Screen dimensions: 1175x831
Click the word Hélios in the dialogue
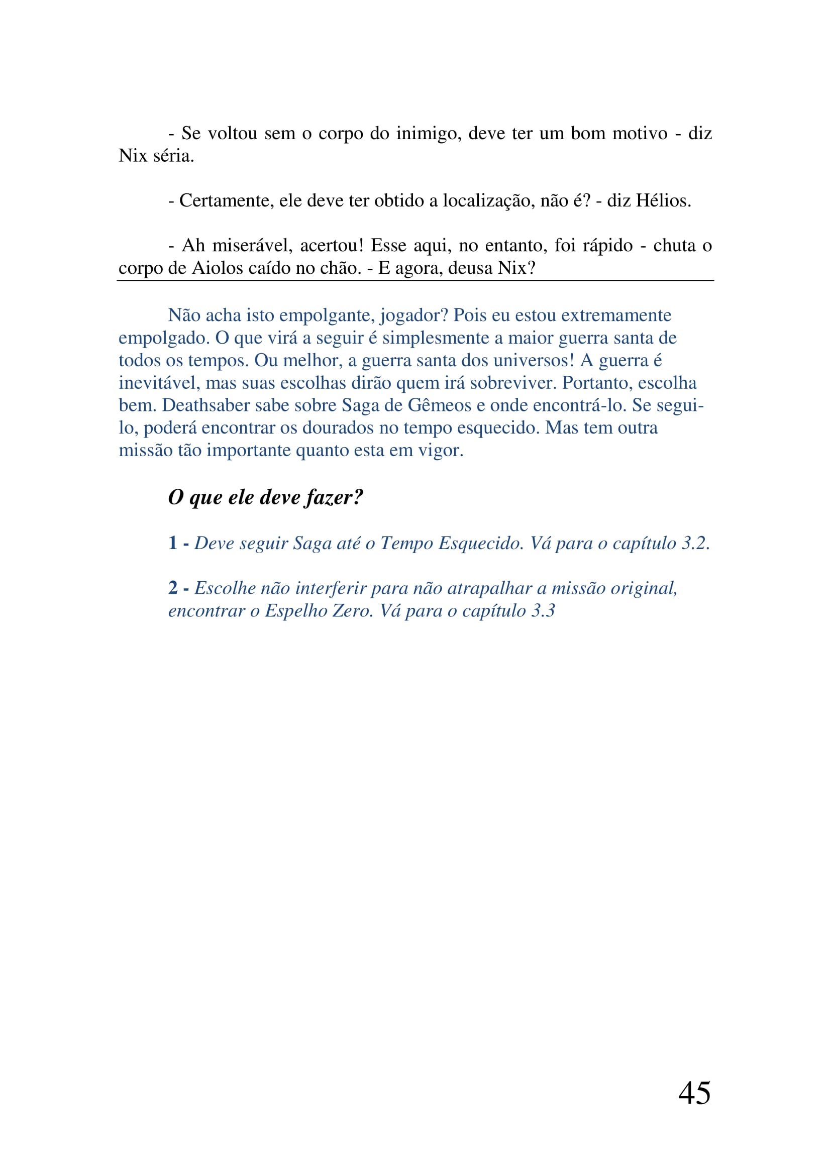[663, 200]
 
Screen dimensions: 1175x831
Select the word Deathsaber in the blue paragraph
[205, 405]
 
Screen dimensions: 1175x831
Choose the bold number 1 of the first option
[173, 543]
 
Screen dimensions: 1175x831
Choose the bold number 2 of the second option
[173, 588]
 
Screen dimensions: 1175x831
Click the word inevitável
[159, 383]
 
